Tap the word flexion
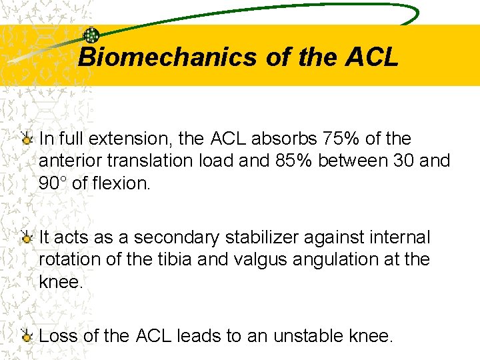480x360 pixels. (121, 183)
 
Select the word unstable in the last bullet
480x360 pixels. (306, 336)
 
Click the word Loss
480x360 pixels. (59, 336)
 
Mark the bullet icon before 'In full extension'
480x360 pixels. (27, 139)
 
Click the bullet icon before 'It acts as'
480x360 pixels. (27, 237)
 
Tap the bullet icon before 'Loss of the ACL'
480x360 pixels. (27, 336)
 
